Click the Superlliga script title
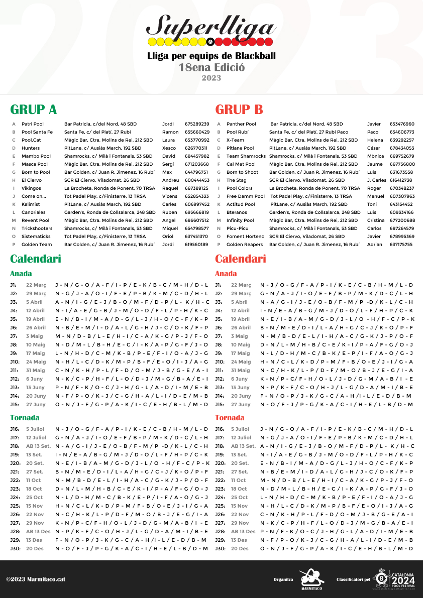coord(211,25)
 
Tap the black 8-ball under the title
coord(210,42)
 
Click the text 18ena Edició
coord(211,67)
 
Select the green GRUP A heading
coord(34,109)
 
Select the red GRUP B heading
coord(239,109)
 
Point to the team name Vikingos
coord(31,188)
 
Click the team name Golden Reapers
coord(245,245)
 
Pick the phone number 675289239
coord(197,124)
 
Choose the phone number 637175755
coord(401,245)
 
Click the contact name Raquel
coord(170,188)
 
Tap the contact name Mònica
coord(375,156)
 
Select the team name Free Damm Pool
coord(246,196)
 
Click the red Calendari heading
coord(241,259)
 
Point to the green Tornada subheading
coord(25,418)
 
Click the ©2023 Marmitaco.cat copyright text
coord(36,579)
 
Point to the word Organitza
coord(283,579)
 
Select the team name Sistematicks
coord(36,236)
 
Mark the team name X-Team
coord(235,140)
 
